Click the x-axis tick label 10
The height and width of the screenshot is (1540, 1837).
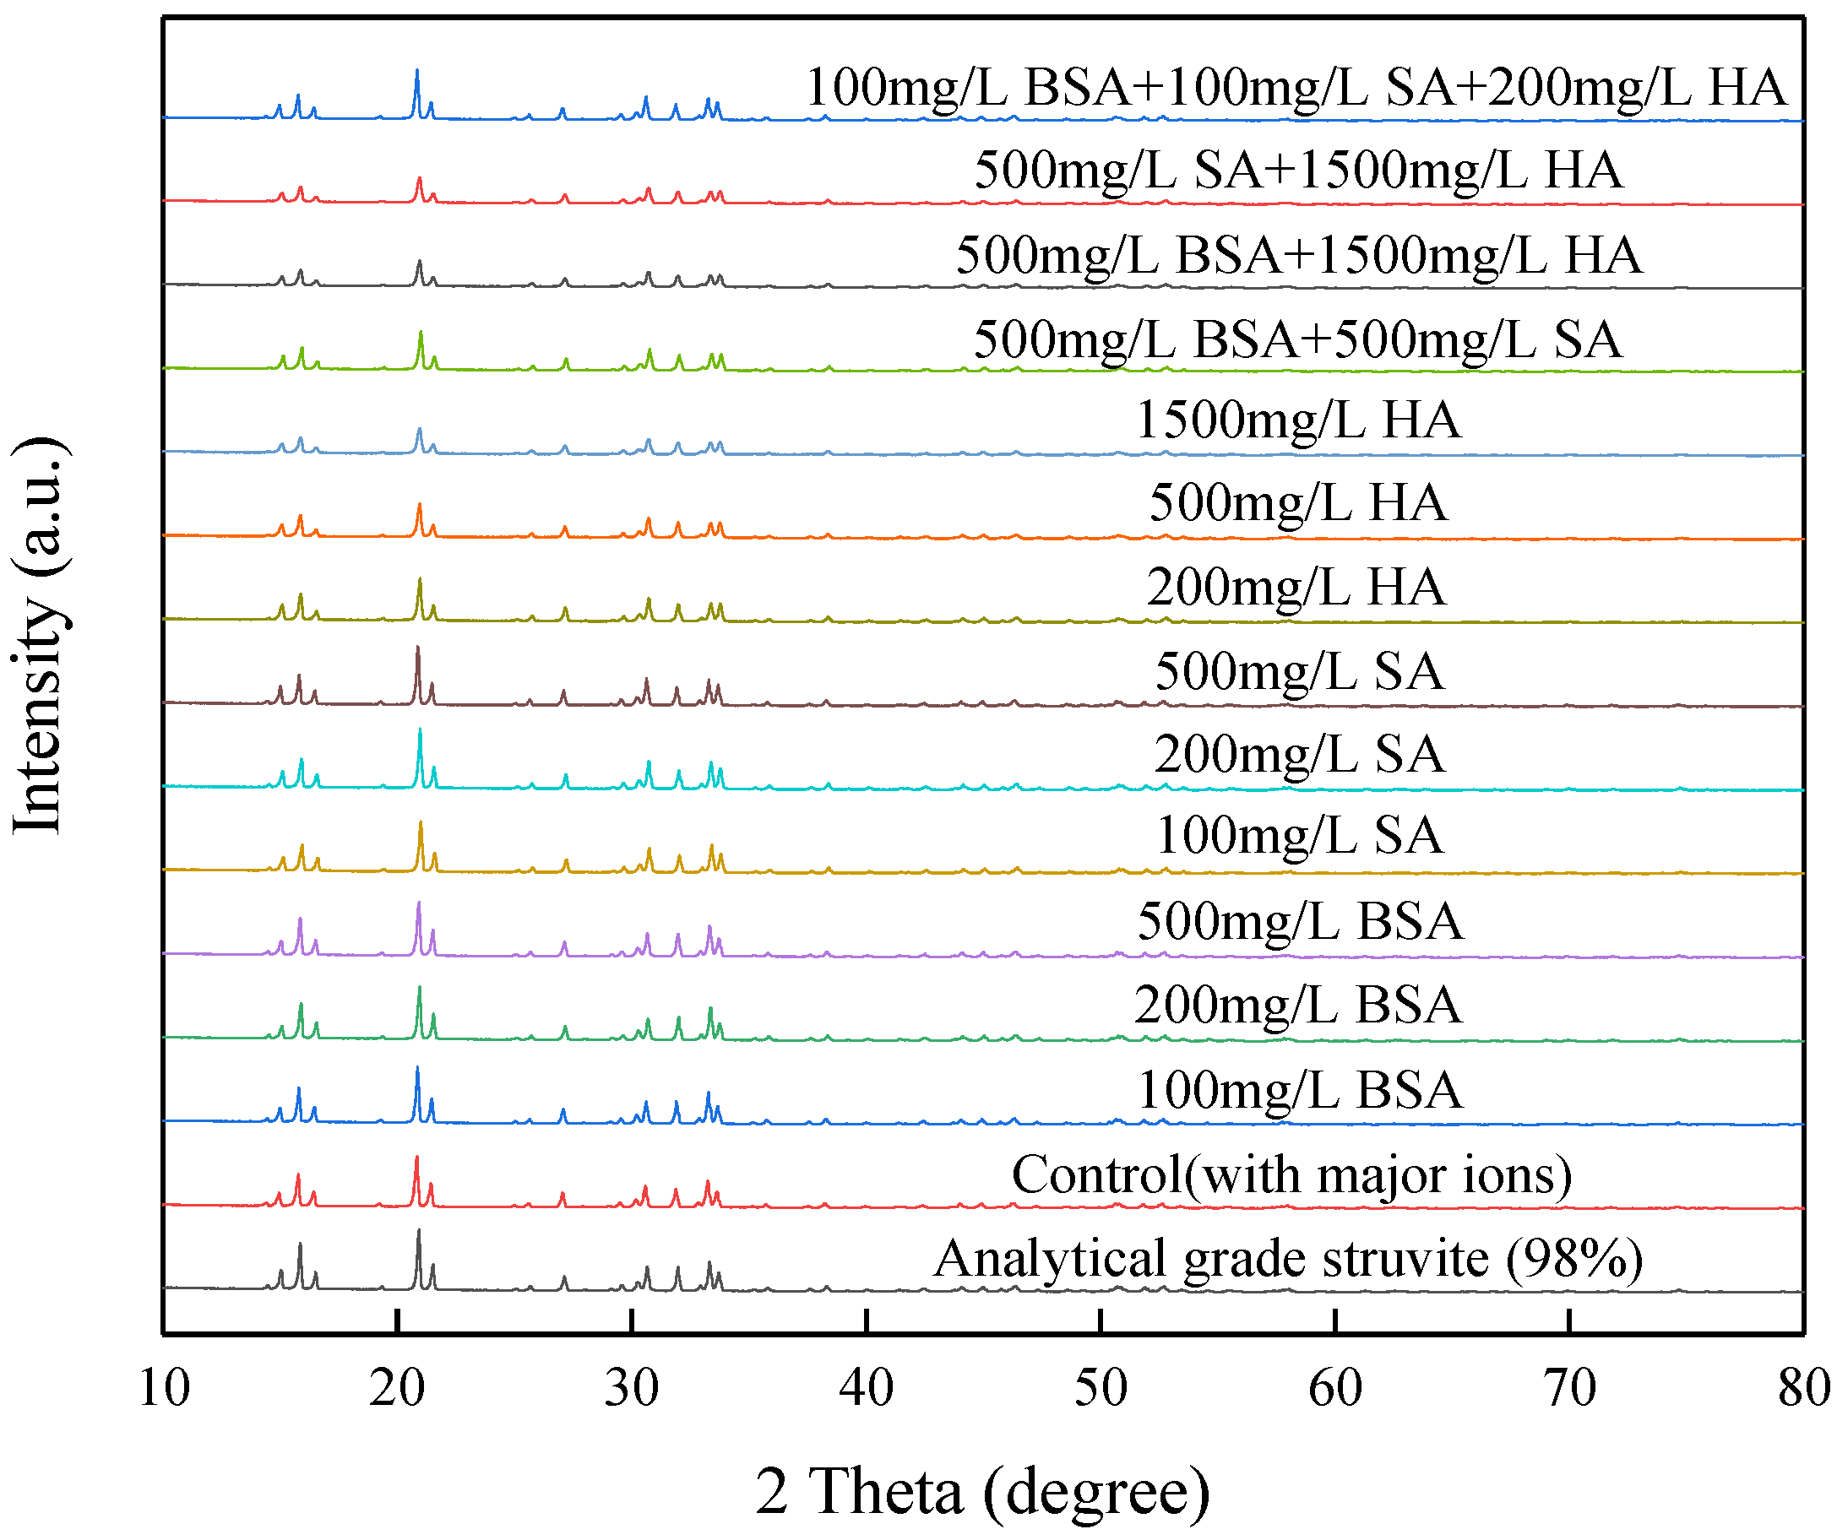[x=164, y=1388]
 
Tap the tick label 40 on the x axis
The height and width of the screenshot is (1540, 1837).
[x=866, y=1388]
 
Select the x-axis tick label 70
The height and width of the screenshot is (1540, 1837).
[x=1569, y=1388]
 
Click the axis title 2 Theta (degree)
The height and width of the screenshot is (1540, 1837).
[x=982, y=1491]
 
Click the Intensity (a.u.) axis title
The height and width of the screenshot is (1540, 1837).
[x=39, y=636]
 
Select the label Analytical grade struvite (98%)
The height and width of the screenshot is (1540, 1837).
[x=1288, y=1260]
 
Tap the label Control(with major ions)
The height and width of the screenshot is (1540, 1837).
[x=1291, y=1175]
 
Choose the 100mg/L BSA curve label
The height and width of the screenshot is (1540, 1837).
[x=1300, y=1091]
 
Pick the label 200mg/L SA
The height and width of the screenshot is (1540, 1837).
[x=1299, y=755]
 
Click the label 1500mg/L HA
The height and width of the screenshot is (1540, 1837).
[x=1297, y=420]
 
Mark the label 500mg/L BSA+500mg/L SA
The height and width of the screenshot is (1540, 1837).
[x=1298, y=339]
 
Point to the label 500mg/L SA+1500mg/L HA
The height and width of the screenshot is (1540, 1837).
[x=1298, y=170]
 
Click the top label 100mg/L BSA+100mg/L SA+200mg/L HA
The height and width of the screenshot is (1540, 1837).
[x=1296, y=88]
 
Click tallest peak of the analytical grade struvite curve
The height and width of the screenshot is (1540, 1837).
[x=418, y=1232]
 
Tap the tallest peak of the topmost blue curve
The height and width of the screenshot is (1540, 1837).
[x=416, y=71]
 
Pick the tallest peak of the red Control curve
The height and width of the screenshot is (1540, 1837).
[x=416, y=1158]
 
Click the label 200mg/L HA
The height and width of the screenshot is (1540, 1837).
[x=1296, y=587]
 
